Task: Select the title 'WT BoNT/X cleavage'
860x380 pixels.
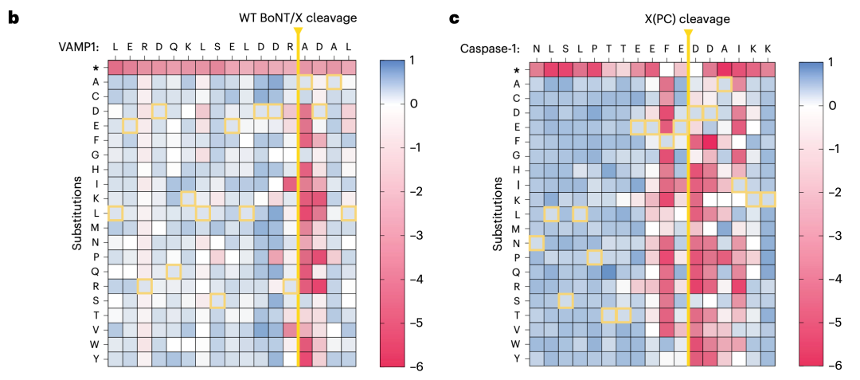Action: (297, 18)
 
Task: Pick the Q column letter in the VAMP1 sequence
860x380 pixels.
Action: (174, 49)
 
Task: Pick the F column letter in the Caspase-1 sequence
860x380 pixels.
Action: (666, 49)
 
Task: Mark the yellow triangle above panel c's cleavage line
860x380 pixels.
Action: (688, 32)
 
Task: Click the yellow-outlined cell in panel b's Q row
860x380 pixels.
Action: (174, 272)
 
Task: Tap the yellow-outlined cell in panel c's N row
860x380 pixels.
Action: (537, 242)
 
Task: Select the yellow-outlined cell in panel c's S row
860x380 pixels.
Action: (565, 300)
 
